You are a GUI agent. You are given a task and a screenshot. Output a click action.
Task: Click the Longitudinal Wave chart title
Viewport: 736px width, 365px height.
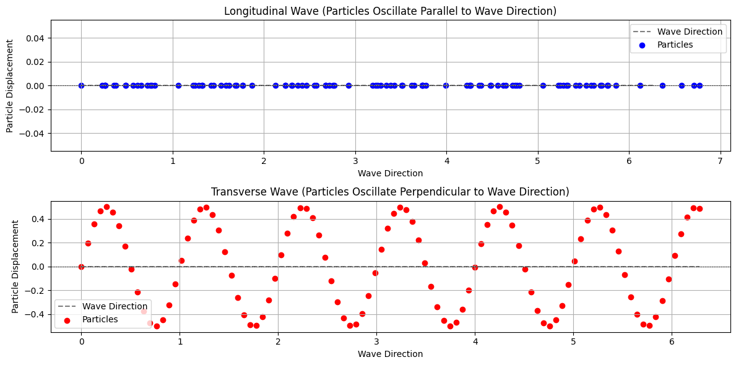tap(390, 11)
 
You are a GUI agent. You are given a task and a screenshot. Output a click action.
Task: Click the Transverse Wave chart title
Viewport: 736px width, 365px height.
tap(390, 191)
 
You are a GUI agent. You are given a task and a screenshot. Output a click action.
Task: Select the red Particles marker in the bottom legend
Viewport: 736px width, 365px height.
tap(67, 320)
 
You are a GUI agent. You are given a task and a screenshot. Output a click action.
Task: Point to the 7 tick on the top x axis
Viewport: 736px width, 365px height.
tap(721, 162)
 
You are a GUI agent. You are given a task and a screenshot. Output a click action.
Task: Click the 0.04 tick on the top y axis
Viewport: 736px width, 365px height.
tap(36, 38)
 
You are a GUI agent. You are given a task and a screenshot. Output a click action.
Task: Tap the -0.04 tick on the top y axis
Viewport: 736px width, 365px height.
tap(33, 134)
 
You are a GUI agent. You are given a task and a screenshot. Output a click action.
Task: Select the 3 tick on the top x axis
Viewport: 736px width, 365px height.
tap(355, 162)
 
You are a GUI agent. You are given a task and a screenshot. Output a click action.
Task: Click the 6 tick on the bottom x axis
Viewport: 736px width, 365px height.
tap(672, 343)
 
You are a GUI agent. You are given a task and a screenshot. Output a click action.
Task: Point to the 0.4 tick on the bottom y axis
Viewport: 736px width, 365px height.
tap(39, 219)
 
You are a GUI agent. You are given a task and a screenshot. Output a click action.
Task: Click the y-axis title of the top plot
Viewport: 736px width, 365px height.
tap(11, 85)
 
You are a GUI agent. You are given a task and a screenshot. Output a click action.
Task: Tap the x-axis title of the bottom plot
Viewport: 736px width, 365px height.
tap(390, 354)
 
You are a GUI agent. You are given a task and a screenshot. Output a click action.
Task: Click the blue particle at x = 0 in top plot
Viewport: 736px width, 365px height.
tap(81, 85)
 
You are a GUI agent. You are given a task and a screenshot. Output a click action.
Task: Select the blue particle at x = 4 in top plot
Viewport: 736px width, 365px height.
tap(446, 85)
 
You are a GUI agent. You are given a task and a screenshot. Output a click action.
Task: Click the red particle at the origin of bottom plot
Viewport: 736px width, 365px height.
tap(81, 267)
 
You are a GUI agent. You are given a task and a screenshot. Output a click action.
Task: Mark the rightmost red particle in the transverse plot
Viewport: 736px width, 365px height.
tap(699, 208)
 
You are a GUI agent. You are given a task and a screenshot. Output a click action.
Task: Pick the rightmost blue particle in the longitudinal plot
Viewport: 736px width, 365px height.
tap(699, 85)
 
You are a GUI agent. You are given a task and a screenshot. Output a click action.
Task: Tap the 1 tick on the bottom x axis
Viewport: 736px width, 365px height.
tap(180, 343)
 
